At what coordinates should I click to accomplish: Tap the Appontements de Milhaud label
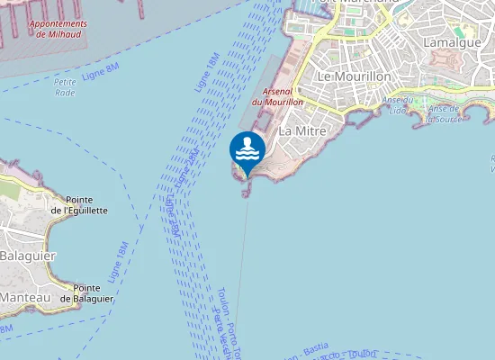point(57,28)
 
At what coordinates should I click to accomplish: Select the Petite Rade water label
point(65,87)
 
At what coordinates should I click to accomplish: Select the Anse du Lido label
point(397,104)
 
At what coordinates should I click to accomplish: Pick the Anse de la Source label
point(444,113)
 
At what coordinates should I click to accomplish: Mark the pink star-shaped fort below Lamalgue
point(445,60)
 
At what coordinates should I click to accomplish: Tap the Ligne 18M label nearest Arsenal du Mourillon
point(206,72)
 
